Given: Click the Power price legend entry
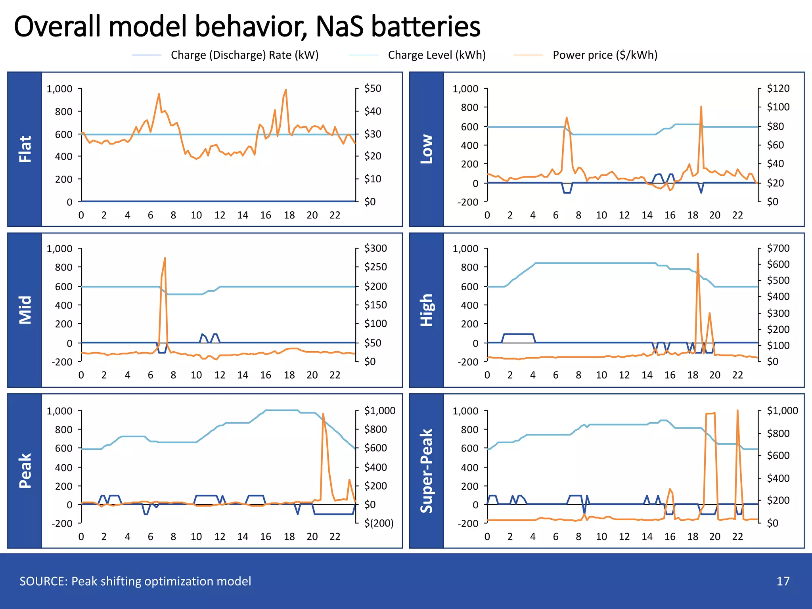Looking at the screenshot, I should click(605, 55).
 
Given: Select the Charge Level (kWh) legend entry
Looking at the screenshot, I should click(436, 55).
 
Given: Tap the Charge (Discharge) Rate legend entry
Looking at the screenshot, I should click(244, 55).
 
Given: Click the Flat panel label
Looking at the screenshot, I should click(25, 149).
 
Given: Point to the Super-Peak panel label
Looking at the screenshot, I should click(427, 471).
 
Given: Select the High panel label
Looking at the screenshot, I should click(427, 310).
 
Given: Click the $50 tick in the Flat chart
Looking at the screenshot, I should click(373, 88).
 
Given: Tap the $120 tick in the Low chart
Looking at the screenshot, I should click(778, 88).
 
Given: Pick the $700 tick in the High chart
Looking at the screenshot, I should click(778, 249).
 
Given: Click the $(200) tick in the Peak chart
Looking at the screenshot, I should click(379, 523).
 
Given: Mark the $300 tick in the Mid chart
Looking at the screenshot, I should click(375, 249).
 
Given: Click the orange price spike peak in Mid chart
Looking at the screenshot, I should click(165, 259).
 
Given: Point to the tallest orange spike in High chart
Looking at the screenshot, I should click(697, 254).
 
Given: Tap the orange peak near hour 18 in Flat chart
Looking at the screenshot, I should click(286, 90).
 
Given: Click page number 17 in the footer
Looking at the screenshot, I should click(783, 581).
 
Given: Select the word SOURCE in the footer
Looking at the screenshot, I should click(43, 581).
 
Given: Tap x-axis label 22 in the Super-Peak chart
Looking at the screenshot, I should click(737, 536).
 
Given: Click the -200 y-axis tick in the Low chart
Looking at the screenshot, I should click(468, 202).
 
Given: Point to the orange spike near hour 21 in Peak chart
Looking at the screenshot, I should click(323, 414).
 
